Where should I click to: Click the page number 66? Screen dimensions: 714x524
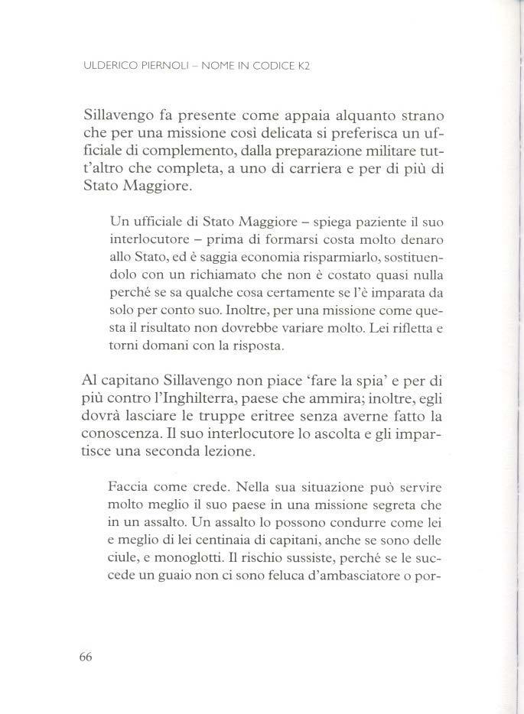pyautogui.click(x=85, y=658)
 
